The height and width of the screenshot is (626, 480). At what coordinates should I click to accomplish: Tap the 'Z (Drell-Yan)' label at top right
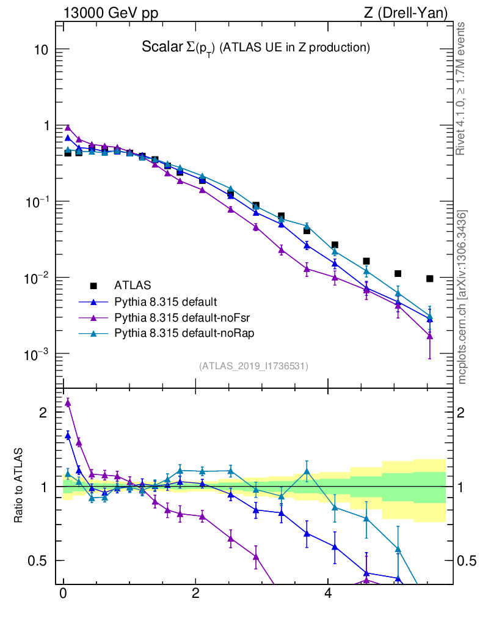click(404, 13)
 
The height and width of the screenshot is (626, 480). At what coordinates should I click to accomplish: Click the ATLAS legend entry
click(131, 285)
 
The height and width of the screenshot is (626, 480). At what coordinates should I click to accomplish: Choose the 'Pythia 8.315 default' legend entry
click(165, 301)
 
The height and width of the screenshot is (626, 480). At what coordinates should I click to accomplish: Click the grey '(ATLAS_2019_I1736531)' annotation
click(253, 366)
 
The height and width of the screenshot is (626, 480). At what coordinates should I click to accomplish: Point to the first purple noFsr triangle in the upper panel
click(68, 127)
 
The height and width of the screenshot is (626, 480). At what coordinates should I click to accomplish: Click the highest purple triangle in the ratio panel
click(68, 402)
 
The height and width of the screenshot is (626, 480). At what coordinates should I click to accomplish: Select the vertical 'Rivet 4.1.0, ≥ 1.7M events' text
click(462, 89)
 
